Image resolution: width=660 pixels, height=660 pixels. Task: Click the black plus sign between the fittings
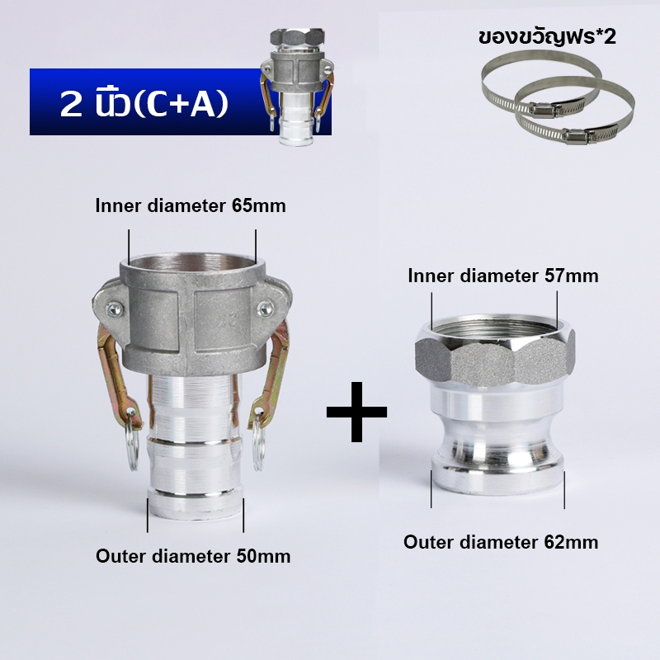click(356, 412)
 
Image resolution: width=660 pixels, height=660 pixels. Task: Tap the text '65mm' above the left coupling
click(258, 205)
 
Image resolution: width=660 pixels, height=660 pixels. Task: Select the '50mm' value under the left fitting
click(263, 556)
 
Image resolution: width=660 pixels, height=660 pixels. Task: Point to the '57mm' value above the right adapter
click(571, 276)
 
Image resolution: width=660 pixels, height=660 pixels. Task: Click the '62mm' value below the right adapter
click(571, 542)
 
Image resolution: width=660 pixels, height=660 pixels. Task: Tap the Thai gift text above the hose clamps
click(547, 37)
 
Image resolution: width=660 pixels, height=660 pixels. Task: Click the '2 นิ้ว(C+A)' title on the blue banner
click(144, 104)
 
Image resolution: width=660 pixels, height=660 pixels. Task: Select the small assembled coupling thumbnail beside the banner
click(297, 87)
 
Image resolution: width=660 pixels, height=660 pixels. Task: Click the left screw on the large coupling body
click(115, 309)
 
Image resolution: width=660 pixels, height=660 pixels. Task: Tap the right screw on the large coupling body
click(265, 309)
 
